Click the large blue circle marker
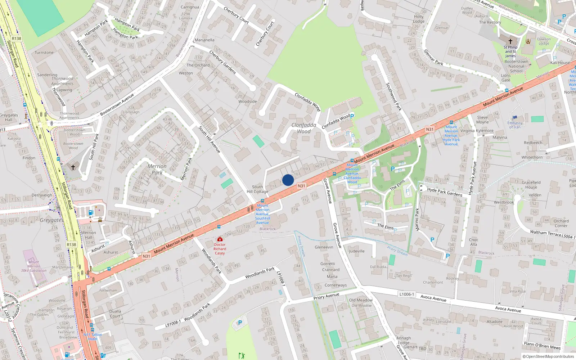pos(288,180)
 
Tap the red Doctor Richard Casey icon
pos(220,239)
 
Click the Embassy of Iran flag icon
pos(515,118)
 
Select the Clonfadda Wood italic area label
pos(304,128)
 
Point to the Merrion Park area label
pos(157,170)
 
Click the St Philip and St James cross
pos(510,41)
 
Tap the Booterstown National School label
pos(516,66)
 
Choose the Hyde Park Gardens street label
pos(445,192)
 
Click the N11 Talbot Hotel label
pos(93,337)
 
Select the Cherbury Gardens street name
pos(222,62)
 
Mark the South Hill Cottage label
pos(257,189)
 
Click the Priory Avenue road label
pos(326,297)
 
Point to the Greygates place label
pos(51,220)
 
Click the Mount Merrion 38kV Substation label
pos(33,266)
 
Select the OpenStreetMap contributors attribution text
pos(548,357)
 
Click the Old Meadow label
pos(361,300)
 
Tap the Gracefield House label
pos(531,185)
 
